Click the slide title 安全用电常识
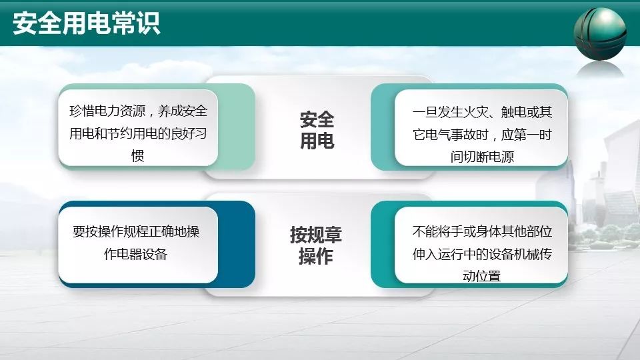coord(86,24)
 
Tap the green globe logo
coord(600,33)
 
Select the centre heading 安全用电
coord(317,131)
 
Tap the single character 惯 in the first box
coord(137,155)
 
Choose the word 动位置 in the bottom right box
coord(481,276)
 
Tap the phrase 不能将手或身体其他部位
coord(482,232)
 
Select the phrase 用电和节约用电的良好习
coord(138,133)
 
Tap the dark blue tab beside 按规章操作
coord(237,244)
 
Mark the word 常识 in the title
coord(135,24)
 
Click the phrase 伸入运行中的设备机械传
coord(482,254)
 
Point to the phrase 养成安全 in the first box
coord(183,111)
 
